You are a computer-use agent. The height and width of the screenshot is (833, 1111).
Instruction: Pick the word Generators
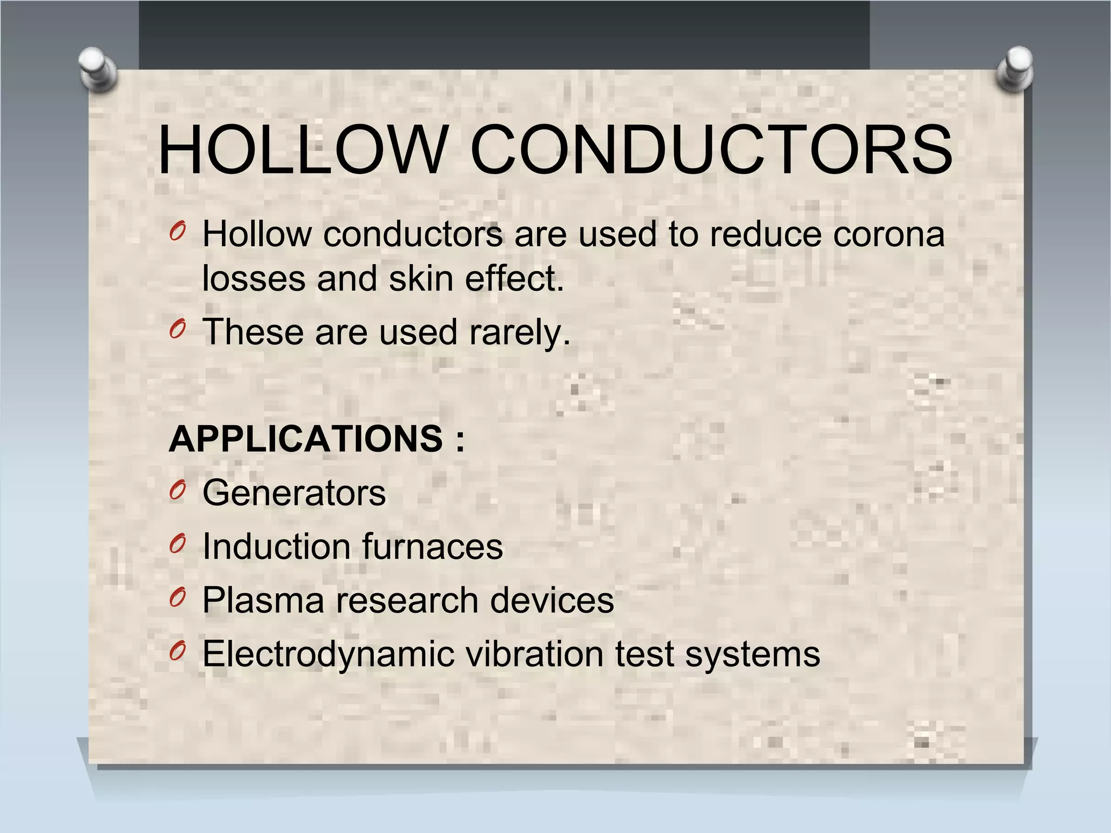[x=294, y=493]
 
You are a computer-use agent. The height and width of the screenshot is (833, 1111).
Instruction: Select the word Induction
[x=276, y=546]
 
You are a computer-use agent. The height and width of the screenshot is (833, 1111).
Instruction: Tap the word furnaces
[x=432, y=546]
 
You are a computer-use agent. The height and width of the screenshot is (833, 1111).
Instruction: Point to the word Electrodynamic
[x=328, y=654]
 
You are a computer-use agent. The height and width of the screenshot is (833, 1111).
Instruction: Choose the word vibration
[x=534, y=654]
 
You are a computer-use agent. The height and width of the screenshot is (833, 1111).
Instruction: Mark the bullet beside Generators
[x=177, y=491]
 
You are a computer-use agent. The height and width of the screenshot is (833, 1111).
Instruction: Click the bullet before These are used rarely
[x=177, y=329]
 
